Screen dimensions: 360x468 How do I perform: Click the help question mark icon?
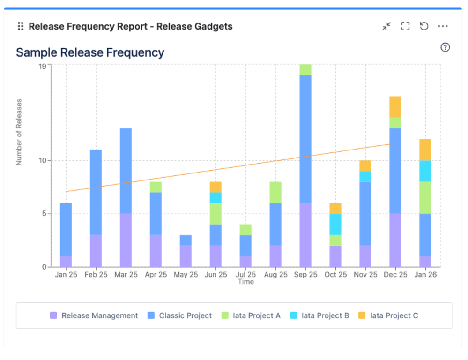(x=445, y=47)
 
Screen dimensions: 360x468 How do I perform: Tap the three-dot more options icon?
(x=443, y=26)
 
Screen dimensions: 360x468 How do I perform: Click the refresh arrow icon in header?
(x=424, y=26)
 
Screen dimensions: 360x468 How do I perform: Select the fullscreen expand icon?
(x=405, y=26)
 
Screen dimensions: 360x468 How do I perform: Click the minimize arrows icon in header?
(x=386, y=26)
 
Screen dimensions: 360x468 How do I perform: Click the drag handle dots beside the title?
(x=20, y=26)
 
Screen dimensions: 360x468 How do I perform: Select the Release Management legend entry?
(x=94, y=315)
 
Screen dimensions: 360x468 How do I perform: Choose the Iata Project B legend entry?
(x=319, y=315)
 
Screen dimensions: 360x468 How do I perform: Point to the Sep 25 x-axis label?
(x=305, y=275)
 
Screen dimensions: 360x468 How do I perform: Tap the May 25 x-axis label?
(x=186, y=275)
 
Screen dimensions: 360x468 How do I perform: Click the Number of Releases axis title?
(x=19, y=132)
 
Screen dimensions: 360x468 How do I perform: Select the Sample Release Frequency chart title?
(x=90, y=52)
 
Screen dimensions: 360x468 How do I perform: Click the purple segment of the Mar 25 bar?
(x=126, y=240)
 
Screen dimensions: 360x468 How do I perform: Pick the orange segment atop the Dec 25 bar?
(x=395, y=107)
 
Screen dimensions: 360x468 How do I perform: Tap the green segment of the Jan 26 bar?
(x=425, y=197)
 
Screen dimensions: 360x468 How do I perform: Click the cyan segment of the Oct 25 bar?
(x=335, y=224)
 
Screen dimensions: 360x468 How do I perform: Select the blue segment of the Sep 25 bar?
(x=305, y=139)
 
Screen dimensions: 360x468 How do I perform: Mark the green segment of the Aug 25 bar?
(x=275, y=192)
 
